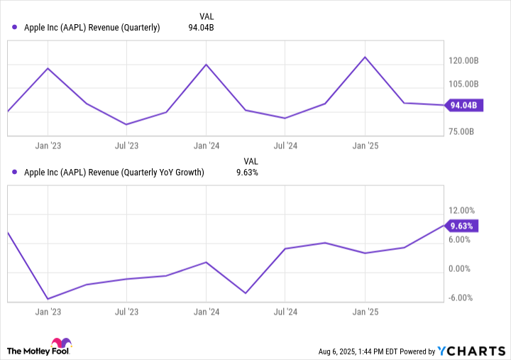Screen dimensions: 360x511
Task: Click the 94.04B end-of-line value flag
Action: coord(464,106)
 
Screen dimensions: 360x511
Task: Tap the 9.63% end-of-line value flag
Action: coord(462,226)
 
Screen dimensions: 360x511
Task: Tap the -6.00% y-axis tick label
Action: coord(462,298)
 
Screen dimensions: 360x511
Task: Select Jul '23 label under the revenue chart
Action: coord(126,146)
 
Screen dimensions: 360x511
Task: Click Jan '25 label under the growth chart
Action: coord(365,311)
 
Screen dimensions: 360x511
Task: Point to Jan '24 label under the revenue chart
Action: coord(206,146)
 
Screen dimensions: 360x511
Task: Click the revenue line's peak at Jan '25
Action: coord(365,57)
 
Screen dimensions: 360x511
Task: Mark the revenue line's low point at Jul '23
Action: coord(126,124)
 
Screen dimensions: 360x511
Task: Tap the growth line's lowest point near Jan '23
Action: coord(48,299)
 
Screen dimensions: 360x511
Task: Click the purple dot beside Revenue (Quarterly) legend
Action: coord(15,28)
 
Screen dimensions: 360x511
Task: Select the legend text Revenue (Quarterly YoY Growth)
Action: coord(114,172)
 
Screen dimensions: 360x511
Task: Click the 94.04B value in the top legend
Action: coord(199,28)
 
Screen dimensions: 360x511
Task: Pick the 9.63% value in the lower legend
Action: coord(246,172)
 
